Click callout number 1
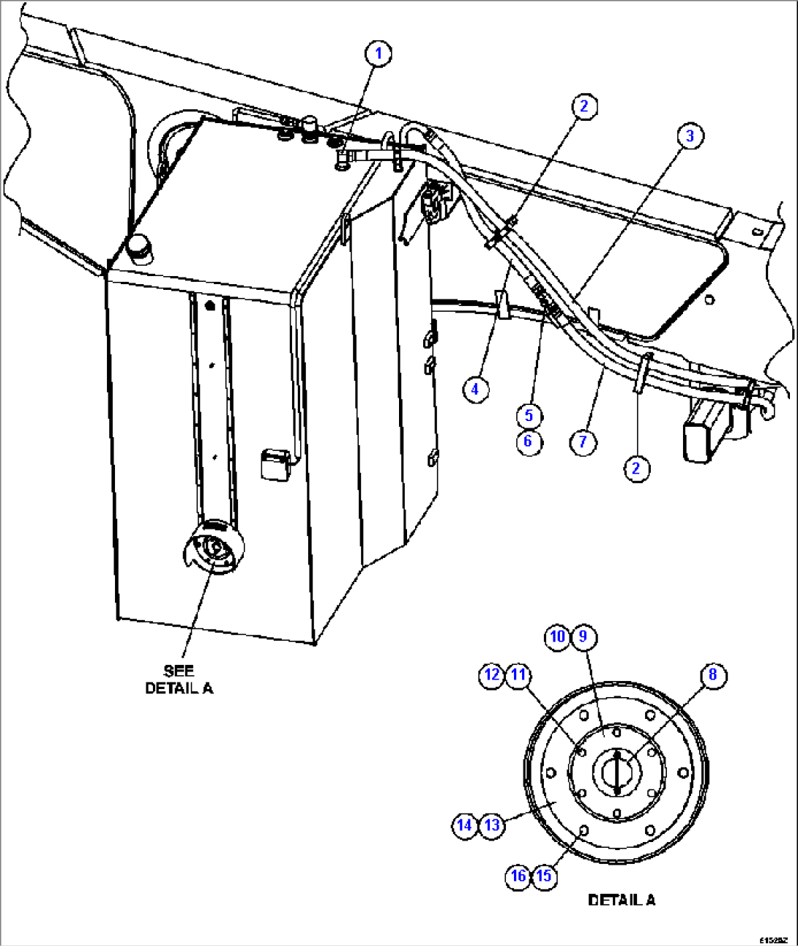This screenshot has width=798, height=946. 379,53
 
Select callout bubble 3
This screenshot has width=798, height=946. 690,135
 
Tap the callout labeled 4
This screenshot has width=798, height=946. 475,389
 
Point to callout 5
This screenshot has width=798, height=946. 529,416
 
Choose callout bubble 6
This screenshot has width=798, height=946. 529,442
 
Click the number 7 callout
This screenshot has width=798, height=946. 583,442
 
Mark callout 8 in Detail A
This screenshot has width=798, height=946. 712,674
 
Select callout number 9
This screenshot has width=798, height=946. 583,636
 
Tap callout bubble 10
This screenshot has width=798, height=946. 558,636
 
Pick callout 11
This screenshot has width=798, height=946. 518,674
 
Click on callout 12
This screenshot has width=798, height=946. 493,674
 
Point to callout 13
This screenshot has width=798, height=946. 492,825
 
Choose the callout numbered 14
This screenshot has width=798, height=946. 465,825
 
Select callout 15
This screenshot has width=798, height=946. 544,876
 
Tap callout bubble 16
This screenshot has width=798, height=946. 518,876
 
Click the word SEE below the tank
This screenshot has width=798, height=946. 179,671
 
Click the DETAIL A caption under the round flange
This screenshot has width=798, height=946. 622,900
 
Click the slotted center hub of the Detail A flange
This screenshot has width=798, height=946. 617,772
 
